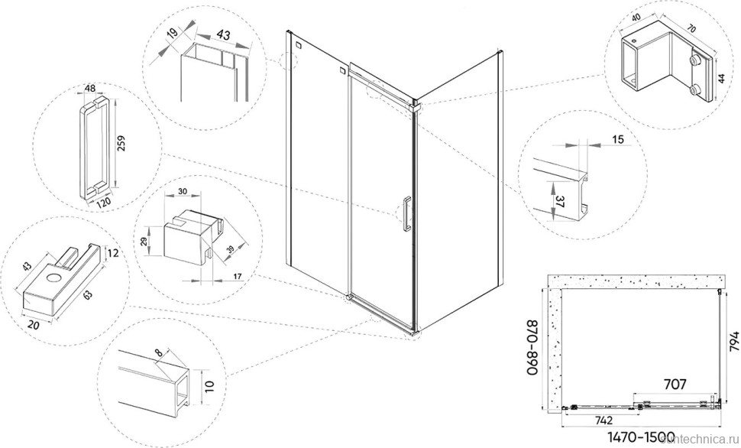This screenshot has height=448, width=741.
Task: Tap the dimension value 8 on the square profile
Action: (x=158, y=354)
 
